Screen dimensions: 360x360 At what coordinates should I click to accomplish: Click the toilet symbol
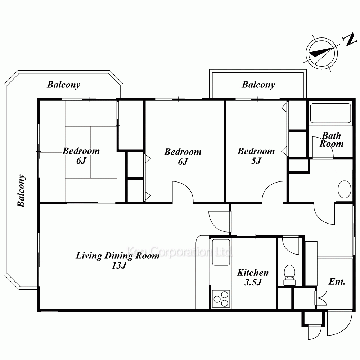[x=289, y=275]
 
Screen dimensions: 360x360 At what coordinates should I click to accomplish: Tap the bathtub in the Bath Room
[x=330, y=113]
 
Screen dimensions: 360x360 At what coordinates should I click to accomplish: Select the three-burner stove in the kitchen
[x=221, y=299]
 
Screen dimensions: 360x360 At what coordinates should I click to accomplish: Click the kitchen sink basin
[x=221, y=252]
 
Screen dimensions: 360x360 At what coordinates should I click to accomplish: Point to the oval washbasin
[x=345, y=189]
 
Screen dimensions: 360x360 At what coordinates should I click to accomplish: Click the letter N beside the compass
[x=350, y=40]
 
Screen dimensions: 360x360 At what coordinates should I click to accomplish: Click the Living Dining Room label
[x=118, y=256]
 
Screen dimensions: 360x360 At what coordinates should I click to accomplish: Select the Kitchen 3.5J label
[x=253, y=277]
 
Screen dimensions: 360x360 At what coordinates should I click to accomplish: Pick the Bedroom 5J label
[x=256, y=156]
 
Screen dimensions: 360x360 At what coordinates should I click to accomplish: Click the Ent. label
[x=337, y=282]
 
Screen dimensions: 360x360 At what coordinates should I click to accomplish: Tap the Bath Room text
[x=332, y=140]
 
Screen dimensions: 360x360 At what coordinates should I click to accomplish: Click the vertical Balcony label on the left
[x=21, y=191]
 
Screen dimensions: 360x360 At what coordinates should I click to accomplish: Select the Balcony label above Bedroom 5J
[x=258, y=85]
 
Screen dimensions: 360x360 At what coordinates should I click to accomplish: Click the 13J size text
[x=119, y=265]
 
